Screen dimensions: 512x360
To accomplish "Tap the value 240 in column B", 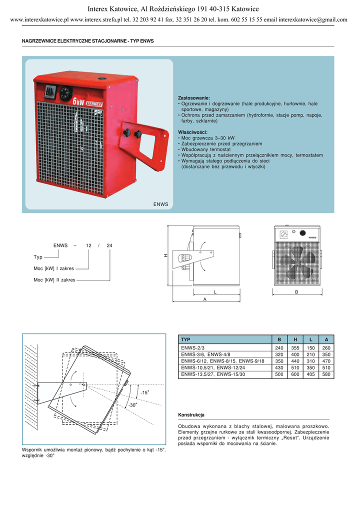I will point(279,347).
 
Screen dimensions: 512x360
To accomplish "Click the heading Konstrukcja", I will point(191,415).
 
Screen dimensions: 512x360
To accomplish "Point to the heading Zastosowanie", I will point(194,97).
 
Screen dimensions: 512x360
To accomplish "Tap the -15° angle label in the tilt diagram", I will point(145,393).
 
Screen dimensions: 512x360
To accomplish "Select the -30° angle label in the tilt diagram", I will point(132,404).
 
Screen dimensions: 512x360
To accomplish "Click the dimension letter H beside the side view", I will point(165,255).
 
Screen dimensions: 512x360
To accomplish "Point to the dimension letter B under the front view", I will point(296,291).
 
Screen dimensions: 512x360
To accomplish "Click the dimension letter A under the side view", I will point(204,299).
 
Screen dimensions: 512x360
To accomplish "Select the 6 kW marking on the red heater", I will point(78,100).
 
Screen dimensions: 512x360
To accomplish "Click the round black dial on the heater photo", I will point(66,93).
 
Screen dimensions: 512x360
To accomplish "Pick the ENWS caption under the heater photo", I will point(160,204).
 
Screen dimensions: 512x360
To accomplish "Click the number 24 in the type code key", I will point(109,245).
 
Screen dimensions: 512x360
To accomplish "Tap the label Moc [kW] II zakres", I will point(54,280).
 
